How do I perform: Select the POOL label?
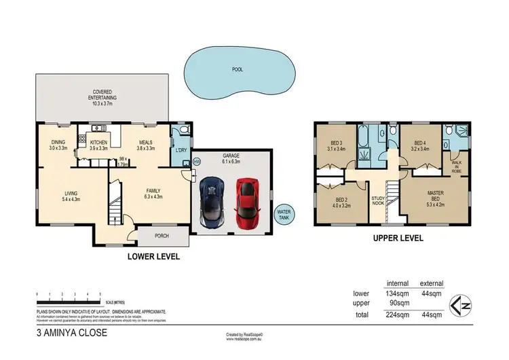(236, 69)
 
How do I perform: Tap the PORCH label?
(162, 236)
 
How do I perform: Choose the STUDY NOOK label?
(379, 202)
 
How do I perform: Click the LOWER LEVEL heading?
(153, 257)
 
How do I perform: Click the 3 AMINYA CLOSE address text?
(72, 334)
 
